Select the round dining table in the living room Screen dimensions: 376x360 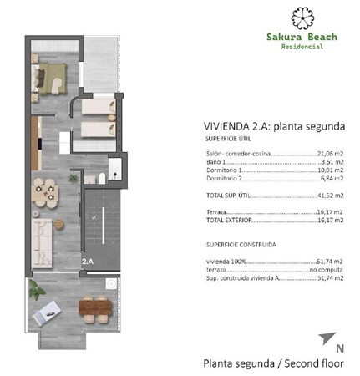point(45,192)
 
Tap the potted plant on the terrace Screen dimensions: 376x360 point(35,289)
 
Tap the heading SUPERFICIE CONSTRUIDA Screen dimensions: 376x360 point(241,244)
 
